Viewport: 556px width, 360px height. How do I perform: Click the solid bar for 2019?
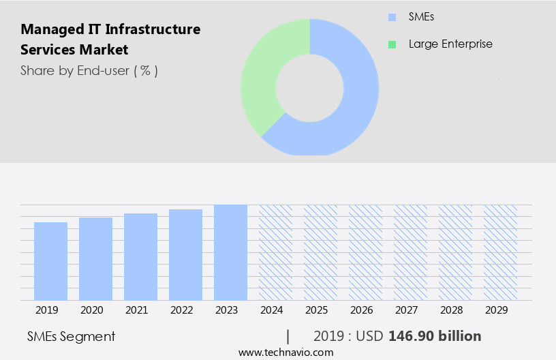tap(50, 261)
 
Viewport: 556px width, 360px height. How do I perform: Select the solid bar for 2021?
tap(140, 257)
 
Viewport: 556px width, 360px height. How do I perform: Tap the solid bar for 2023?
tap(230, 252)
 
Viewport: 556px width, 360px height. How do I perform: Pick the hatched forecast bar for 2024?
tap(275, 252)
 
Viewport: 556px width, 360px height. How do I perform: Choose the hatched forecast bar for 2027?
tap(410, 252)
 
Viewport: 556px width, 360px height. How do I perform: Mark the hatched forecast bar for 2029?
tap(500, 252)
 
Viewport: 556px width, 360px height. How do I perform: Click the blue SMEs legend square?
tap(392, 17)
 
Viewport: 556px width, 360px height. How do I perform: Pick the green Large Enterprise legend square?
tap(392, 44)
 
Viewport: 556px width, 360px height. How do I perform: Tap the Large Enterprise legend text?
tap(450, 44)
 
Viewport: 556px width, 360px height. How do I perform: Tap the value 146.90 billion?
tap(435, 336)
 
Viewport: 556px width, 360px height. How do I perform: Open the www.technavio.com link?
tap(285, 352)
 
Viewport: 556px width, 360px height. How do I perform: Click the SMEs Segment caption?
tap(71, 336)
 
